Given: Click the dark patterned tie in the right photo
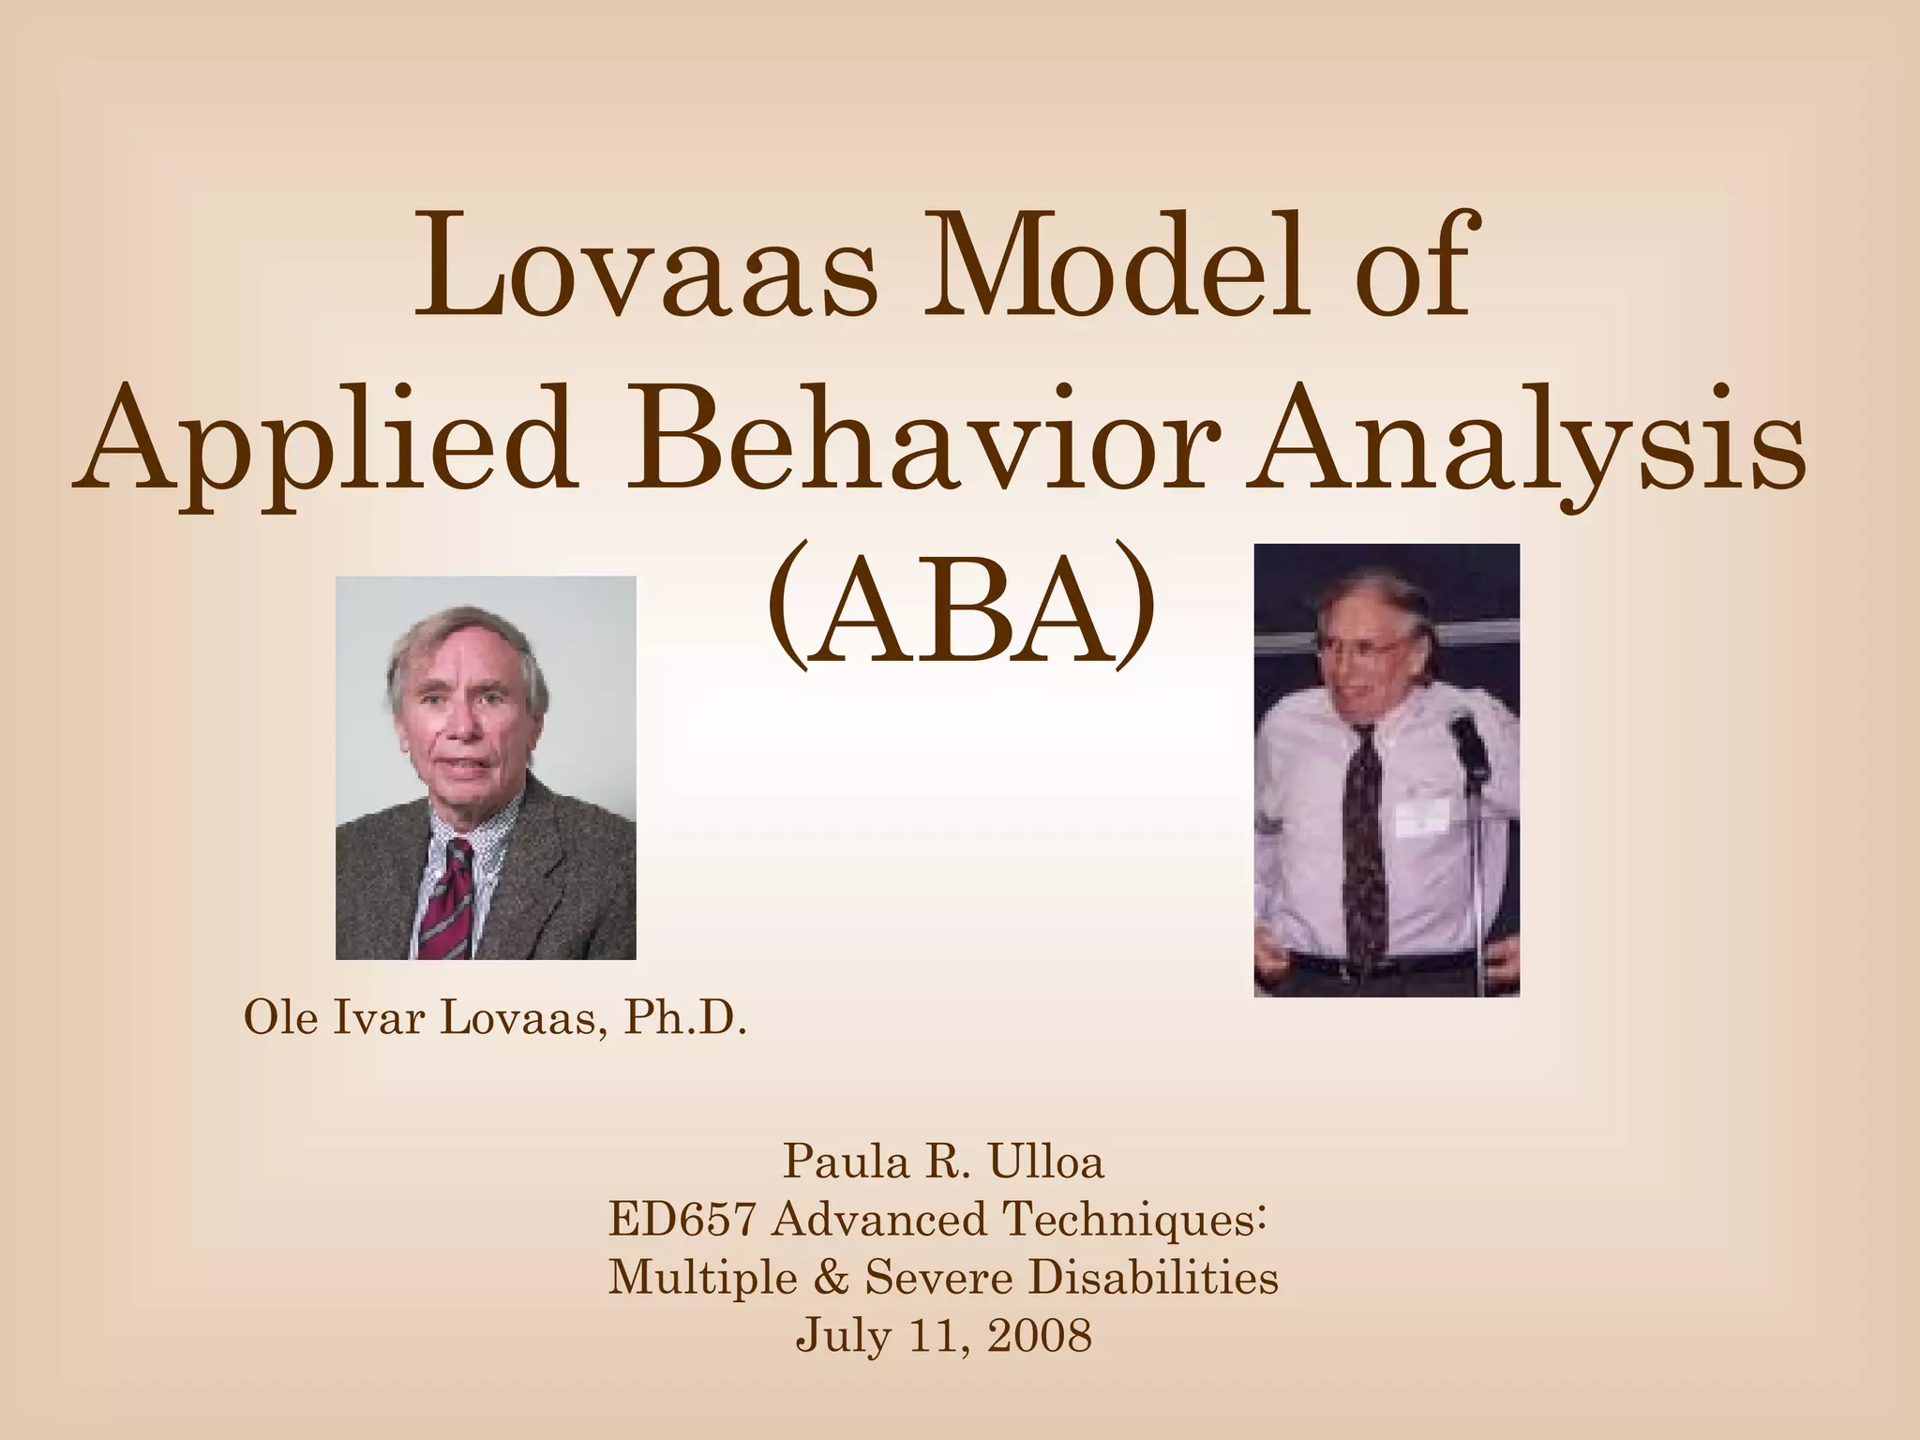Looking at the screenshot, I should pyautogui.click(x=1361, y=834).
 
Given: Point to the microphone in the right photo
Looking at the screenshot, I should pyautogui.click(x=1466, y=741).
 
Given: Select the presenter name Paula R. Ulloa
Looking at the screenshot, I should pyautogui.click(x=943, y=1162).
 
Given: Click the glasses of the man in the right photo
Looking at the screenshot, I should pyautogui.click(x=1369, y=647).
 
